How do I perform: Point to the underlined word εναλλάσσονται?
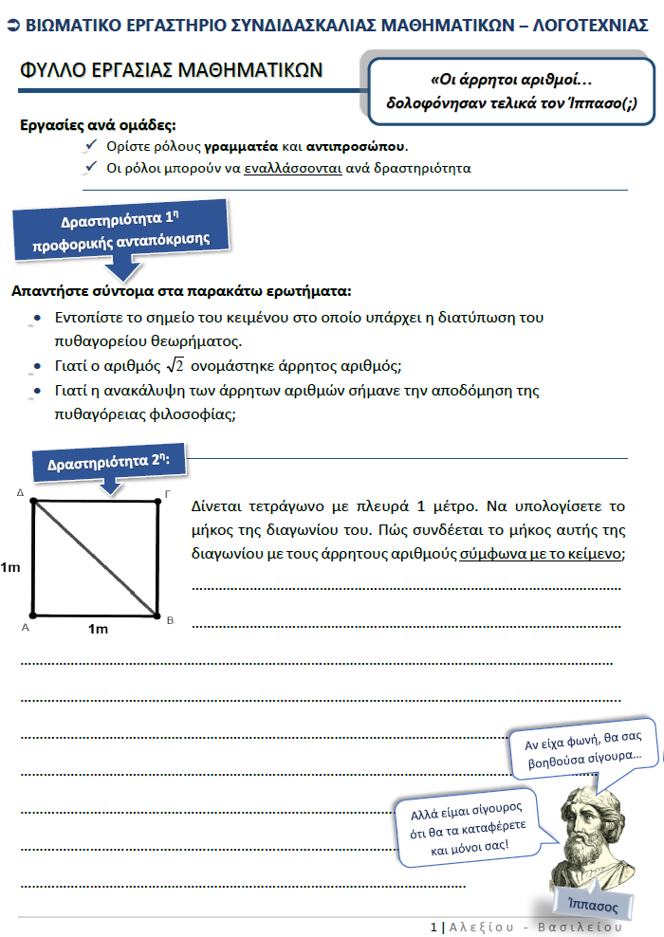[x=291, y=169]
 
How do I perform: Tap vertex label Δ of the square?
[x=21, y=493]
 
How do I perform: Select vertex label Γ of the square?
[x=168, y=493]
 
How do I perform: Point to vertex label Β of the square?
[x=169, y=621]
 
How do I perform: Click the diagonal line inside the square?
[x=95, y=558]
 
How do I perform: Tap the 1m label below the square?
[x=98, y=629]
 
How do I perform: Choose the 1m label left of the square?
[x=10, y=567]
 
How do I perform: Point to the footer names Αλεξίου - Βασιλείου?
[x=536, y=927]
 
